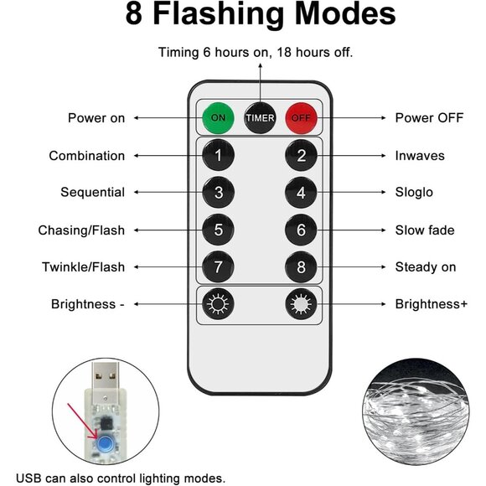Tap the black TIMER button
[x=260, y=118]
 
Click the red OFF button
[x=301, y=118]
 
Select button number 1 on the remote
[x=218, y=155]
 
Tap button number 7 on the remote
[x=218, y=266]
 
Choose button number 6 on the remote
[x=301, y=230]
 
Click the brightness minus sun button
[x=218, y=304]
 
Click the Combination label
[x=87, y=156]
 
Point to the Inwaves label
[x=420, y=156]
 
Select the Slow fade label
[x=425, y=230]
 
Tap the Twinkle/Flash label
[x=84, y=266]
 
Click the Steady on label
[x=426, y=266]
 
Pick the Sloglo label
[x=414, y=192]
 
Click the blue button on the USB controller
[x=106, y=443]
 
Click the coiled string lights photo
[x=416, y=411]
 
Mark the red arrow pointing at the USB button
[x=83, y=421]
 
